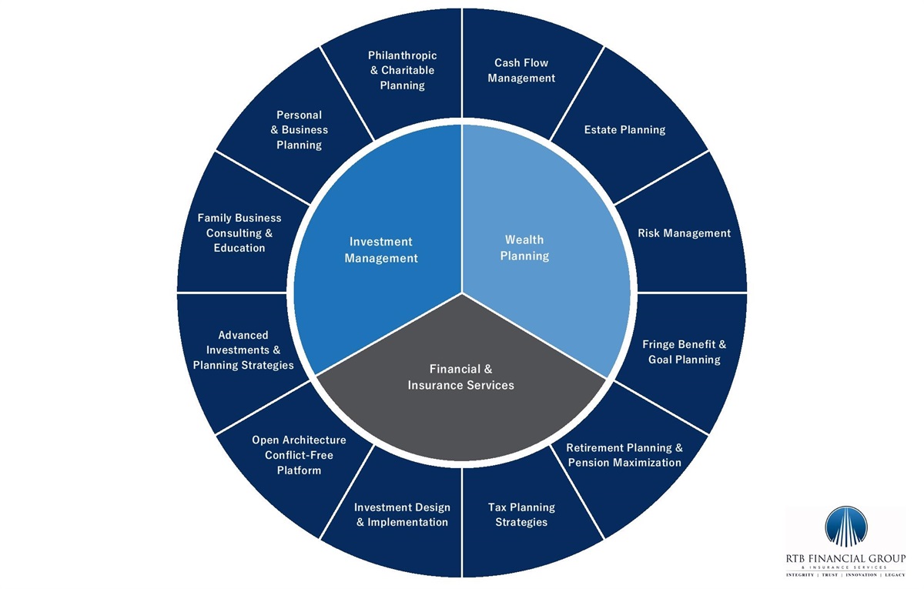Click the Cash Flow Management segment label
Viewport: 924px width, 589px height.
pyautogui.click(x=521, y=70)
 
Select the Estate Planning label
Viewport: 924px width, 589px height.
pyautogui.click(x=624, y=129)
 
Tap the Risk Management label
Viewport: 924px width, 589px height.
pyautogui.click(x=684, y=233)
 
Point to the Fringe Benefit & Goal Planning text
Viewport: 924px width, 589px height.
pyautogui.click(x=684, y=352)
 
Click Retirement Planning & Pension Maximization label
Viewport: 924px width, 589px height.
pyautogui.click(x=624, y=455)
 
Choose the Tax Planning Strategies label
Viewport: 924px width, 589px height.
pyautogui.click(x=521, y=514)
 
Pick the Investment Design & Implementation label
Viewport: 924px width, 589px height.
pyautogui.click(x=402, y=514)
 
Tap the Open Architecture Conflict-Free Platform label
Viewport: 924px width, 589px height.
pyautogui.click(x=299, y=455)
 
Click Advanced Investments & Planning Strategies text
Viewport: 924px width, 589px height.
pyautogui.click(x=243, y=350)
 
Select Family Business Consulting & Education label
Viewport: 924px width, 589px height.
pyautogui.click(x=239, y=233)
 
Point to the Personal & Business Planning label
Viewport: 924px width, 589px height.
pyautogui.click(x=299, y=129)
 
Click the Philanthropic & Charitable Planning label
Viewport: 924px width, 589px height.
pyautogui.click(x=402, y=70)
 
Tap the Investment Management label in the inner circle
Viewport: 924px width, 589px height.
pyautogui.click(x=381, y=250)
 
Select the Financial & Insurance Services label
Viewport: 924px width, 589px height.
pyautogui.click(x=460, y=376)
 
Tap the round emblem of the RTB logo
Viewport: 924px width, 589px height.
pyautogui.click(x=845, y=526)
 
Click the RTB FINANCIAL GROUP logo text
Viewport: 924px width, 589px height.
pyautogui.click(x=845, y=558)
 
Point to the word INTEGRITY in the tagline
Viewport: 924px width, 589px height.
pyautogui.click(x=803, y=575)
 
